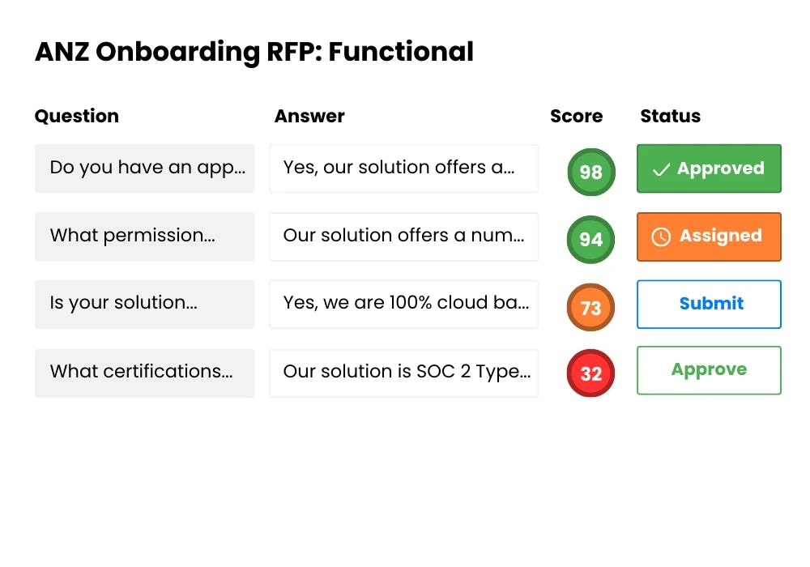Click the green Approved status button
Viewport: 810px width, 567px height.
coord(709,168)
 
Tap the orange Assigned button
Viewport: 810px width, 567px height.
coord(709,237)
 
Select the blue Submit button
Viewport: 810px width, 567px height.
coord(709,304)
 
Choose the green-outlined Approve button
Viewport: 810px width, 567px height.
coord(709,370)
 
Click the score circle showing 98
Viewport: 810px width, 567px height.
coord(591,172)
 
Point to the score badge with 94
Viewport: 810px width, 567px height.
coord(591,240)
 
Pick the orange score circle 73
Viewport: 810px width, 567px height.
coord(591,308)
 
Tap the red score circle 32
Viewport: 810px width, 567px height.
coord(591,373)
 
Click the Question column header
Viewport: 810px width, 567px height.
coord(77,116)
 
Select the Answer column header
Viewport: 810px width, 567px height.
coord(309,116)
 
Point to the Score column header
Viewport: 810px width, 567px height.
coord(576,116)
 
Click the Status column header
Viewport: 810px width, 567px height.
coord(670,116)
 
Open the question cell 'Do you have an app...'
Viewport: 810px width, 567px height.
coord(144,168)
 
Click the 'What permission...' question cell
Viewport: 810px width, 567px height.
coord(144,237)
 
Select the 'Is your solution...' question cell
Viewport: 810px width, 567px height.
coord(144,304)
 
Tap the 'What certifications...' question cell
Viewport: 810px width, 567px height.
coord(144,373)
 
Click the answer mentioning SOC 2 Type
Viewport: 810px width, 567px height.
coord(403,373)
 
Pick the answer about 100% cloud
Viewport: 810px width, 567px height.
coord(403,304)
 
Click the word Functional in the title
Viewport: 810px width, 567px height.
coord(401,52)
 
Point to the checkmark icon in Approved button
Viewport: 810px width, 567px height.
coord(661,169)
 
